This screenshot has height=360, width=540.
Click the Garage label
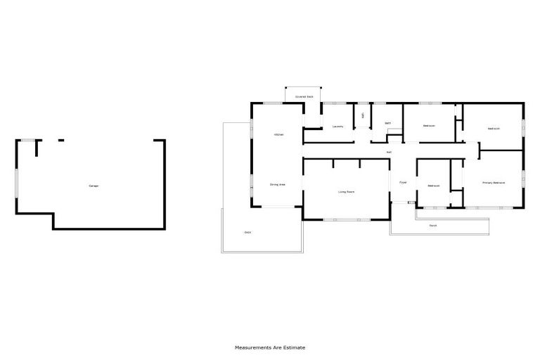point(94,186)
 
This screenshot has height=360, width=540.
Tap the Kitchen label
point(278,134)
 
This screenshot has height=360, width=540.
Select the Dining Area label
point(278,184)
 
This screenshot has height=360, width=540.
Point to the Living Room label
point(346,191)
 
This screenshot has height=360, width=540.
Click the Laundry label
point(337,127)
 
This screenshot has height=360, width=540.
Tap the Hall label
point(389,152)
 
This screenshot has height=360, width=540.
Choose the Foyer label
point(403,182)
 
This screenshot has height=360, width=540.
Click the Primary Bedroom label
point(494,182)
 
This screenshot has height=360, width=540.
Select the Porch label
point(433,226)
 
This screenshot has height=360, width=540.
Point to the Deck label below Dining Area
point(247,232)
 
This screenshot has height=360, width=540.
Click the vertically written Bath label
point(363,115)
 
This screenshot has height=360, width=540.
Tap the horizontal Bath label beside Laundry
point(387,123)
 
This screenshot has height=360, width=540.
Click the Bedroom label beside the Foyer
point(433,186)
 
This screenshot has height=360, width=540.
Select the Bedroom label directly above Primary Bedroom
point(493,129)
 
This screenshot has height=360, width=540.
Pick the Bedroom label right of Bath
point(429,126)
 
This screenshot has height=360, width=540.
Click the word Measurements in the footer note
point(252,347)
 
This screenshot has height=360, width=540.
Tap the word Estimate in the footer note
point(295,347)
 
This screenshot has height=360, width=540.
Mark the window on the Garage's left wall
point(16,184)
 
